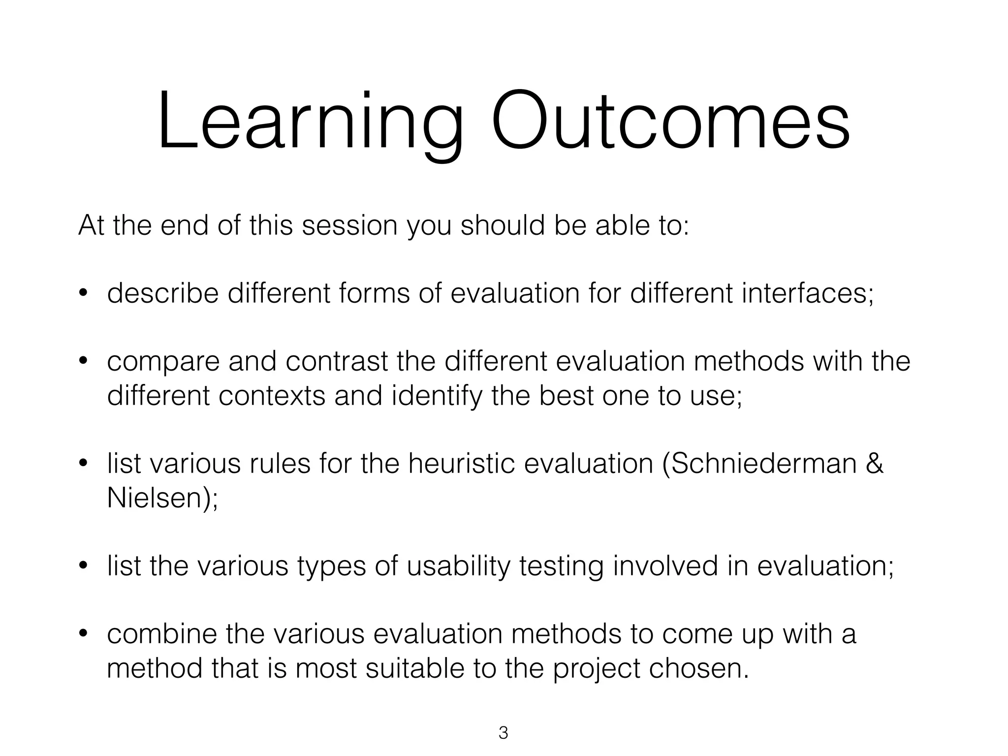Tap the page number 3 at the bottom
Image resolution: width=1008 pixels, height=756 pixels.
pyautogui.click(x=503, y=733)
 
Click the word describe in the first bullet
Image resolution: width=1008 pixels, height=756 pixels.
pyautogui.click(x=162, y=293)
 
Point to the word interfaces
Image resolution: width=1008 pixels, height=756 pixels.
pyautogui.click(x=807, y=293)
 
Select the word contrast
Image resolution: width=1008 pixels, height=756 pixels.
pyautogui.click(x=337, y=362)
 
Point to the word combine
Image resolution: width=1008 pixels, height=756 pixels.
pyautogui.click(x=162, y=634)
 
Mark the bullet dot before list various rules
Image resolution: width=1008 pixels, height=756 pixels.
pyautogui.click(x=83, y=464)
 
